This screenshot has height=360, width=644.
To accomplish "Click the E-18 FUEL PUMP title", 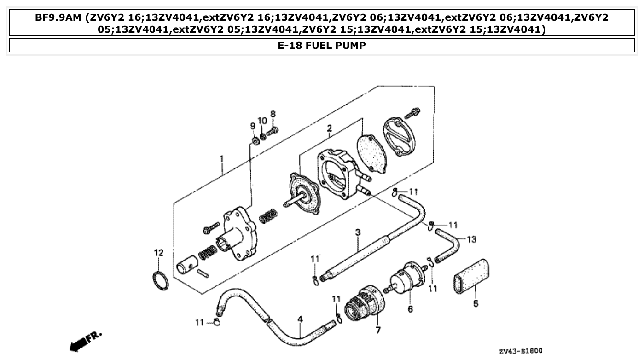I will (x=322, y=46).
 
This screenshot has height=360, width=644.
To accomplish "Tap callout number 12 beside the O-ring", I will (x=158, y=253).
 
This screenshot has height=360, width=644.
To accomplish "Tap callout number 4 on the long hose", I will (x=300, y=319).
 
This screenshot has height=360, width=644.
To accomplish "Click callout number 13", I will (x=471, y=239).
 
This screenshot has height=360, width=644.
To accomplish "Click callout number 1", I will (x=221, y=159).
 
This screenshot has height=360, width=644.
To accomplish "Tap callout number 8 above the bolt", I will (x=273, y=114).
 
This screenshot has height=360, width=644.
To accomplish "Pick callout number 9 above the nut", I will (x=253, y=126).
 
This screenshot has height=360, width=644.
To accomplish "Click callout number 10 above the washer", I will (x=262, y=121).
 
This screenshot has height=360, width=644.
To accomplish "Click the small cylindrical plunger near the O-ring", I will (x=186, y=266).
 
